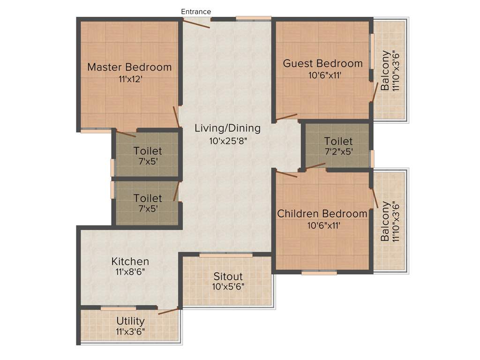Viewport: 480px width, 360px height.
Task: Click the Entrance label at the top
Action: (196, 11)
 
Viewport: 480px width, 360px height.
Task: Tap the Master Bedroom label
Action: (129, 67)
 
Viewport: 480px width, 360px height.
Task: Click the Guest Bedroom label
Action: (322, 63)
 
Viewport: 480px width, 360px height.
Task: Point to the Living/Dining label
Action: (227, 128)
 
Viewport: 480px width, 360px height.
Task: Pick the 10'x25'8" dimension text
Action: (228, 140)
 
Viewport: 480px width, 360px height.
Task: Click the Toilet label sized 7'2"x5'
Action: (338, 141)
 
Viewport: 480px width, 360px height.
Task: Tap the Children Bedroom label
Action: (322, 214)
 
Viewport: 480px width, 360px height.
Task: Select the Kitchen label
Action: (130, 262)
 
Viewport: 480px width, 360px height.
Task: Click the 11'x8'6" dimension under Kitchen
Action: (130, 272)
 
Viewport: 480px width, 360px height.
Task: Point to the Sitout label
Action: (228, 276)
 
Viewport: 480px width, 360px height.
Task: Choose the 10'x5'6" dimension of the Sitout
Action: (228, 287)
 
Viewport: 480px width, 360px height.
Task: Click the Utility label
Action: (130, 321)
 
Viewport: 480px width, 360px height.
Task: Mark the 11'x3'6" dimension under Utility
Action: (130, 331)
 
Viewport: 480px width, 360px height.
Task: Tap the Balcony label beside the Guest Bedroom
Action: (385, 70)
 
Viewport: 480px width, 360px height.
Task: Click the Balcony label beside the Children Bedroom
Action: (385, 221)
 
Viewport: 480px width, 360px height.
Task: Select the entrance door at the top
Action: (196, 23)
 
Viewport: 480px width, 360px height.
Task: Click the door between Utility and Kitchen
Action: (168, 311)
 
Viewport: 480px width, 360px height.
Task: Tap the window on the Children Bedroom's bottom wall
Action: (319, 272)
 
